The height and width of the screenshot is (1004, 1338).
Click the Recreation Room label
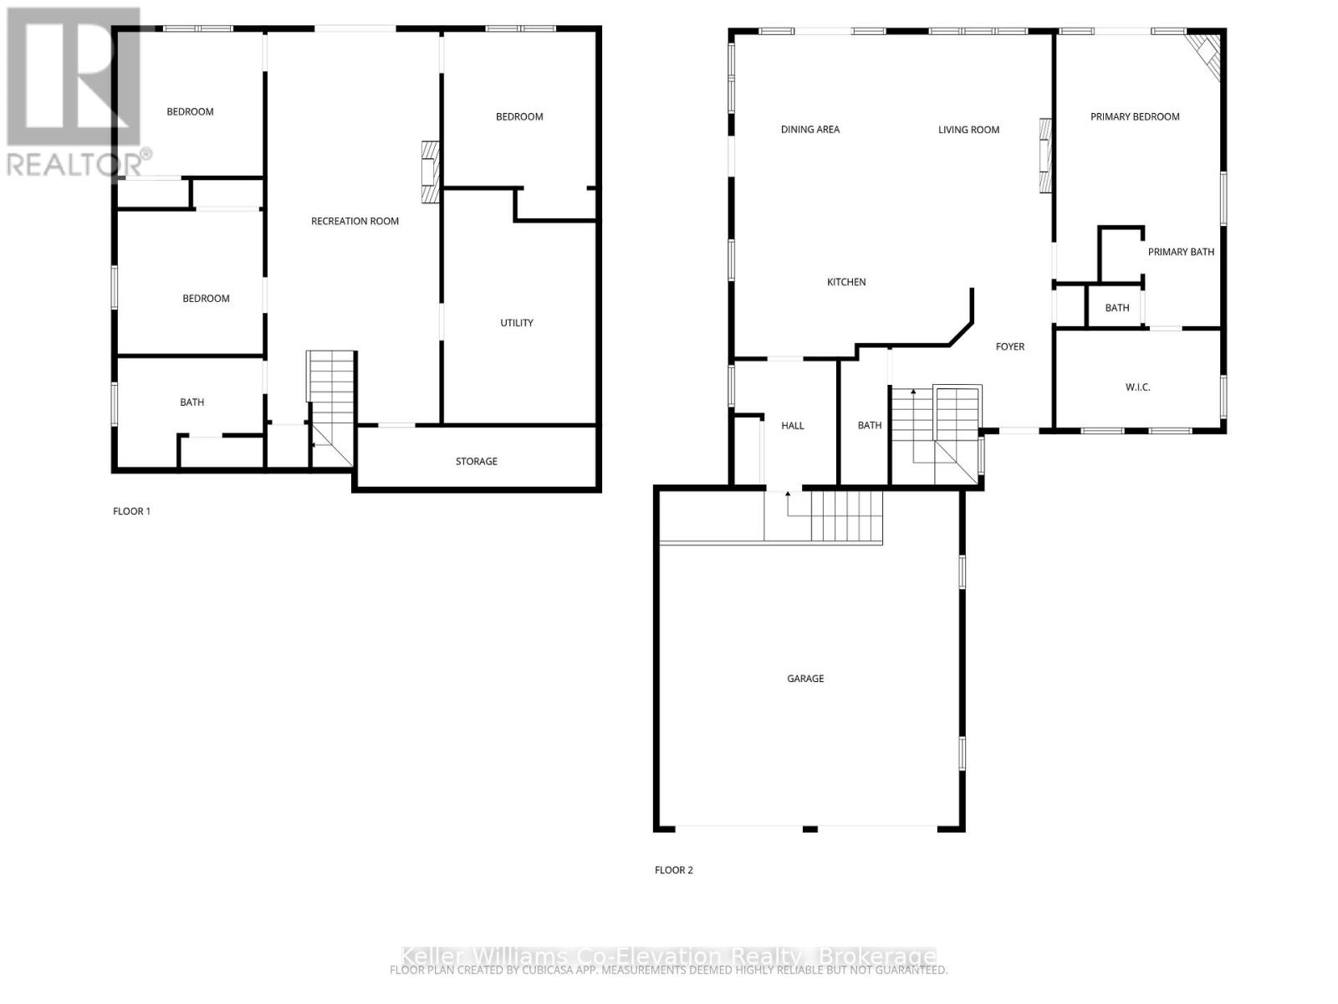pyautogui.click(x=355, y=222)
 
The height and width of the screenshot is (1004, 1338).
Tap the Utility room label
pyautogui.click(x=517, y=323)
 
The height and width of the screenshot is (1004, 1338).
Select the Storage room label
pyautogui.click(x=477, y=462)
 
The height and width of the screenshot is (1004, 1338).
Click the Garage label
pyautogui.click(x=805, y=679)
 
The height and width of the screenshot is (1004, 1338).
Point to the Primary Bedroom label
pyautogui.click(x=1135, y=117)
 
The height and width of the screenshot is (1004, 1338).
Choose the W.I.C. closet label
pyautogui.click(x=1137, y=387)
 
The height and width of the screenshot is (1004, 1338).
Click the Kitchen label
pyautogui.click(x=846, y=283)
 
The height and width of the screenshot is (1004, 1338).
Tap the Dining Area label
pyautogui.click(x=810, y=130)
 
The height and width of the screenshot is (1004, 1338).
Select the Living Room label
pyautogui.click(x=968, y=131)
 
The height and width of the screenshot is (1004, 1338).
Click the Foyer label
pyautogui.click(x=1010, y=346)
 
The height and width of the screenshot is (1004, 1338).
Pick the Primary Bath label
pyautogui.click(x=1181, y=252)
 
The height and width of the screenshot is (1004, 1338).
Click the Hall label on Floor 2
pyautogui.click(x=793, y=426)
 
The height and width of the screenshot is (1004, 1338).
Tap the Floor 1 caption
pyautogui.click(x=132, y=511)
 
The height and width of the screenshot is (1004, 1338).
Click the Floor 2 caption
pyautogui.click(x=674, y=870)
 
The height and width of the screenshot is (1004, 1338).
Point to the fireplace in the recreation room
pyautogui.click(x=430, y=172)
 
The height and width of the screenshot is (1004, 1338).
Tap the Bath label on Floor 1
pyautogui.click(x=192, y=402)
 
